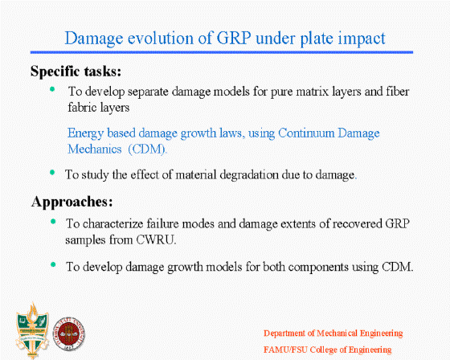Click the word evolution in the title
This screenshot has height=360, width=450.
(x=161, y=38)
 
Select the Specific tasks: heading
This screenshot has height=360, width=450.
(x=76, y=71)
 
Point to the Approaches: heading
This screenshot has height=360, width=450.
(x=72, y=202)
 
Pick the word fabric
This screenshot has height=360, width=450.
(x=82, y=108)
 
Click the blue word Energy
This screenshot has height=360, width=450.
(x=85, y=133)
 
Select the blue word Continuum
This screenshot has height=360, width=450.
(x=306, y=133)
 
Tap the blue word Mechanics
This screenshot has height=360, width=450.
(x=95, y=149)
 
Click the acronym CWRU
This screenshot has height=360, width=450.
(x=156, y=240)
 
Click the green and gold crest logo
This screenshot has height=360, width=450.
(x=32, y=330)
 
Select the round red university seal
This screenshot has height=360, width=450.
(x=69, y=333)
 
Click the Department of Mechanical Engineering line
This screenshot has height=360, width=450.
(x=333, y=333)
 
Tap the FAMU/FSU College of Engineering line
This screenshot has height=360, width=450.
(x=328, y=350)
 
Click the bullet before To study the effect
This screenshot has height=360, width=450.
(x=52, y=172)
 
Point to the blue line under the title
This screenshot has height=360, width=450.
(x=222, y=52)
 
